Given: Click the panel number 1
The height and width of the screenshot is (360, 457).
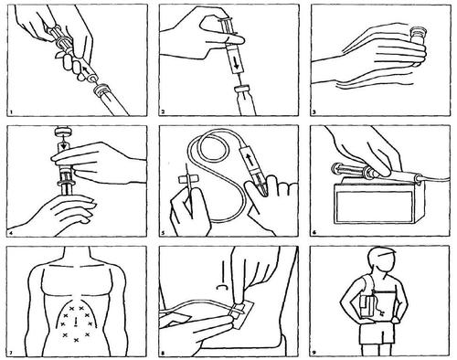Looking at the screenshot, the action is point(11,112).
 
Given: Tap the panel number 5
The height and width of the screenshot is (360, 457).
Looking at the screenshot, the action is point(163,233).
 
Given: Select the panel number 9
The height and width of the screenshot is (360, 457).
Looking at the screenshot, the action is point(314,354).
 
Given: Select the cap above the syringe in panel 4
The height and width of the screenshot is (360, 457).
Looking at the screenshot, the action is point(63,132).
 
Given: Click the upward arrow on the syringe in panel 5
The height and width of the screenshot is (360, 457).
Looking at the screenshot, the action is point(250,159).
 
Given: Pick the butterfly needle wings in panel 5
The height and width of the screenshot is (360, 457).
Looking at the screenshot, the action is point(186,179).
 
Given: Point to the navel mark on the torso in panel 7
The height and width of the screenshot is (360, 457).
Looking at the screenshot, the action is point(75,322).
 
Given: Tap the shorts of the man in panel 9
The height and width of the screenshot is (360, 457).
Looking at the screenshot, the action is point(377,334).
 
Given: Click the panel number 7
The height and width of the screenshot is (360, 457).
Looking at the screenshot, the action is point(11,354).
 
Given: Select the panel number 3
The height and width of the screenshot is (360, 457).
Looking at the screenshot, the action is point(314,112).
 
